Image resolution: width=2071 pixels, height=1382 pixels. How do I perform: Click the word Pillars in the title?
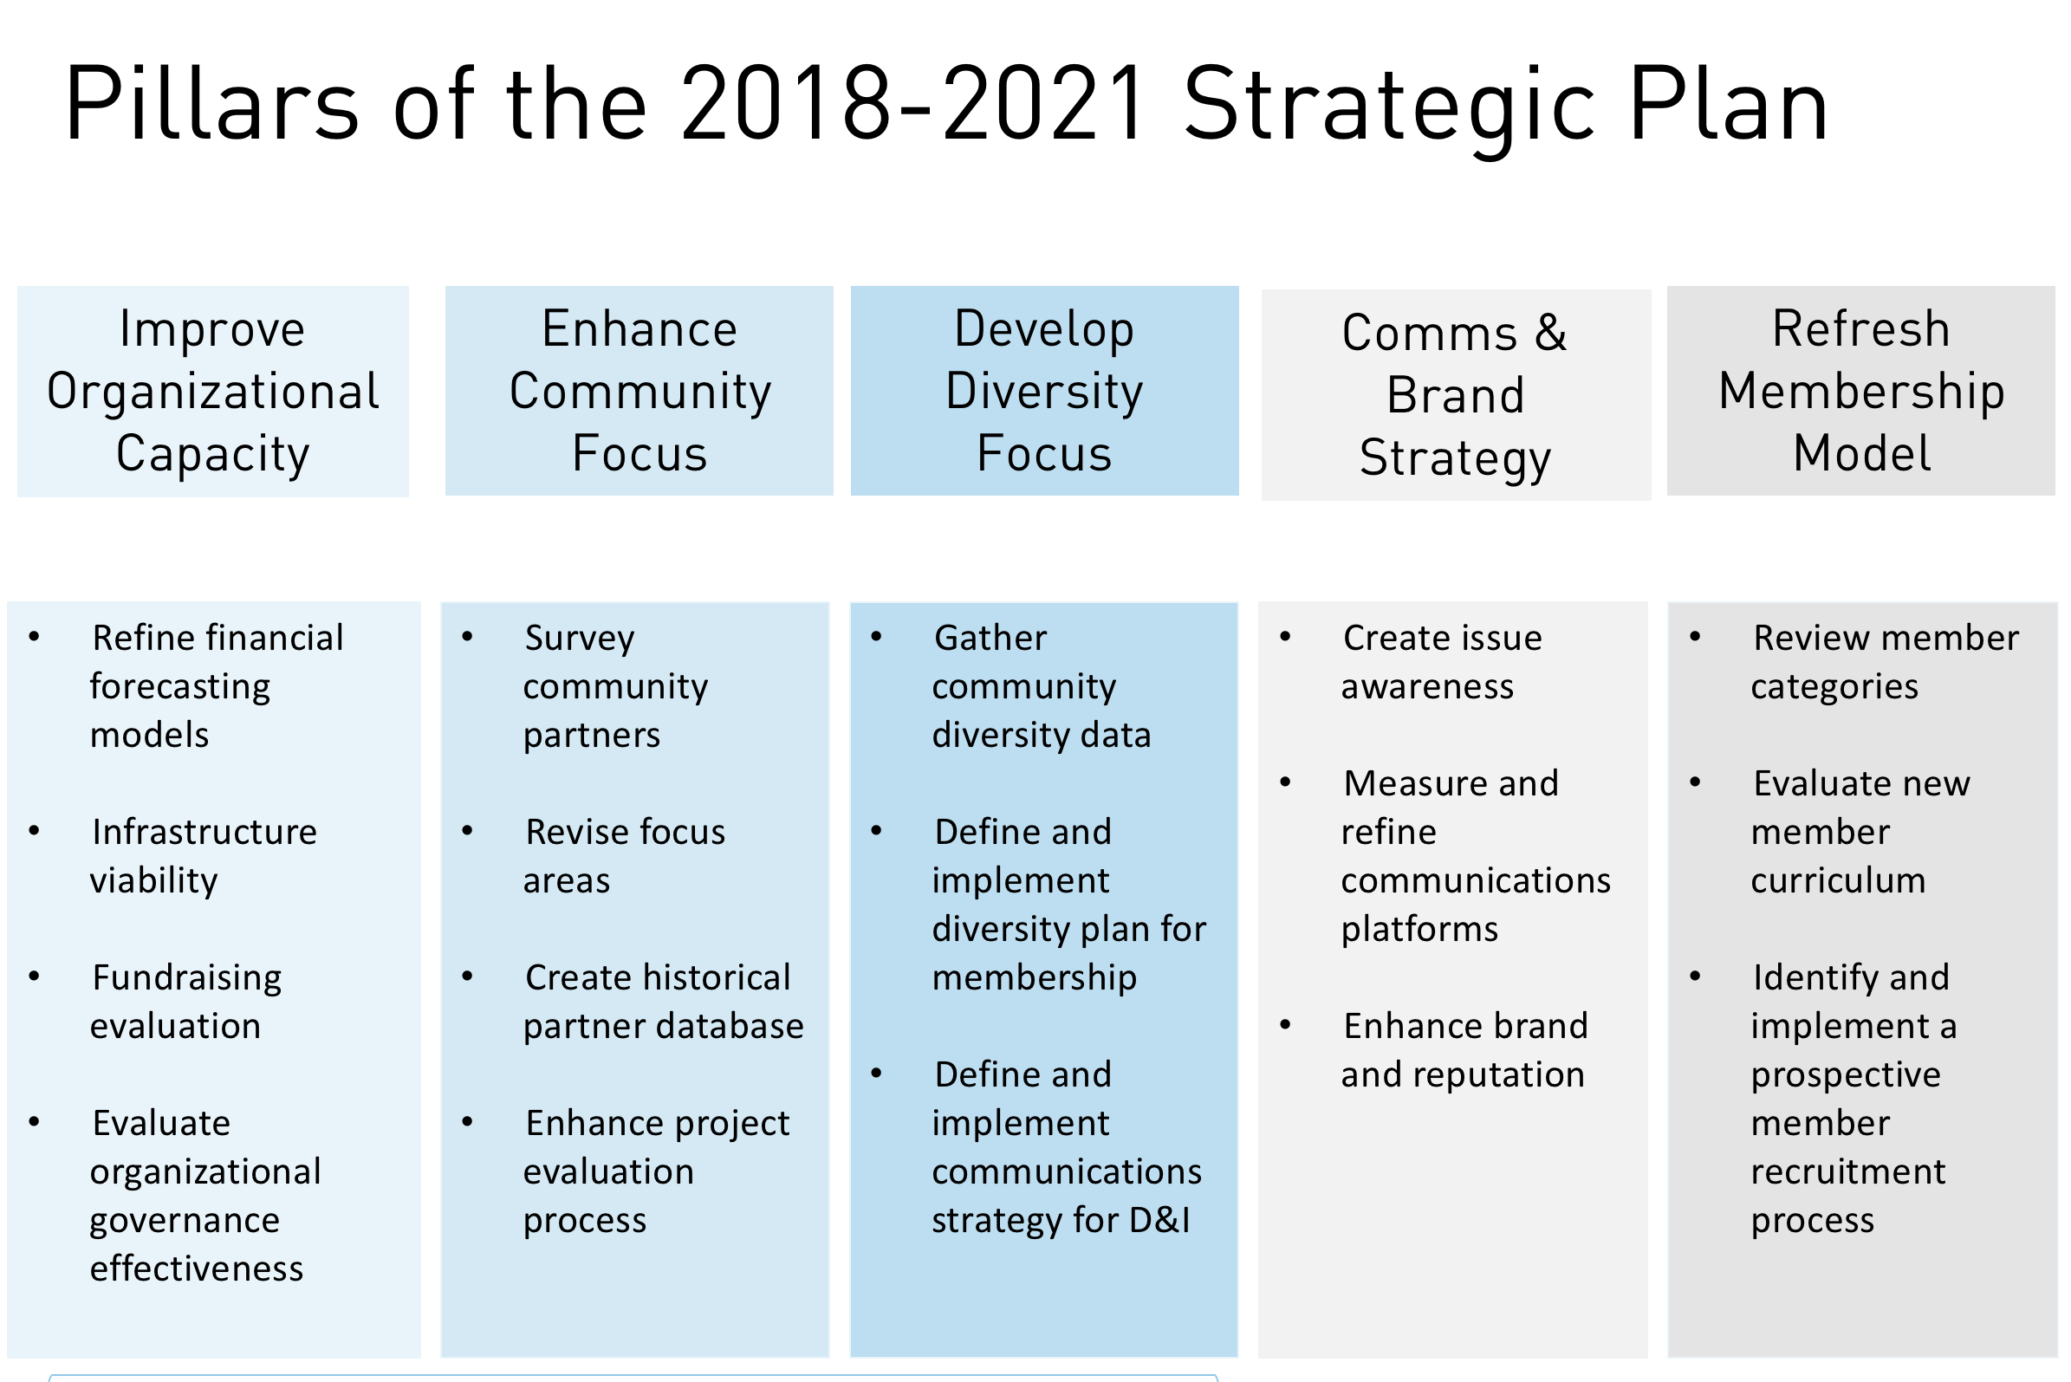(x=211, y=104)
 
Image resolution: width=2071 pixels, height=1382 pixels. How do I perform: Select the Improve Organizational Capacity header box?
(x=213, y=392)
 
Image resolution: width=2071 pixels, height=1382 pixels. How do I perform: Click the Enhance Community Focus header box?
(x=639, y=391)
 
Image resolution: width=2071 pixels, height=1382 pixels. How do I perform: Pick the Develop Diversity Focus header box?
(x=1044, y=391)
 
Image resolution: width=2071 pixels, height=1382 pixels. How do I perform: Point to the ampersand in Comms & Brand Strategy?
(x=1551, y=334)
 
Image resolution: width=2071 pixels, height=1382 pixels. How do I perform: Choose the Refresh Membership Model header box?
(x=1861, y=391)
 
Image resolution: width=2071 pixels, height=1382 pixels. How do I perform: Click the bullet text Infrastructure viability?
(x=204, y=857)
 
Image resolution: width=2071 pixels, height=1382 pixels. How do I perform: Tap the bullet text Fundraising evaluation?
(x=186, y=1002)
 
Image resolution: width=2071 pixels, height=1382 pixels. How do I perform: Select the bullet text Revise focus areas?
(x=624, y=857)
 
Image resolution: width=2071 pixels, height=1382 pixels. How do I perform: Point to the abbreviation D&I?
(x=1159, y=1220)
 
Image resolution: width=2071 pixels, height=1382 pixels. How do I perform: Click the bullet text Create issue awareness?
(x=1442, y=662)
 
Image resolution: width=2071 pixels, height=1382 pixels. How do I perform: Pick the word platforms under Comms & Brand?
(x=1419, y=929)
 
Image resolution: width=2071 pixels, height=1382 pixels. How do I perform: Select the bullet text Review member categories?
(x=1885, y=662)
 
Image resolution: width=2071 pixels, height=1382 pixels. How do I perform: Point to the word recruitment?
(x=1848, y=1171)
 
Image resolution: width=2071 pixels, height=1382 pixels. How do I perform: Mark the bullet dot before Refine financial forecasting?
(x=35, y=636)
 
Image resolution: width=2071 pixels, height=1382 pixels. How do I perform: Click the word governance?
(x=185, y=1221)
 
